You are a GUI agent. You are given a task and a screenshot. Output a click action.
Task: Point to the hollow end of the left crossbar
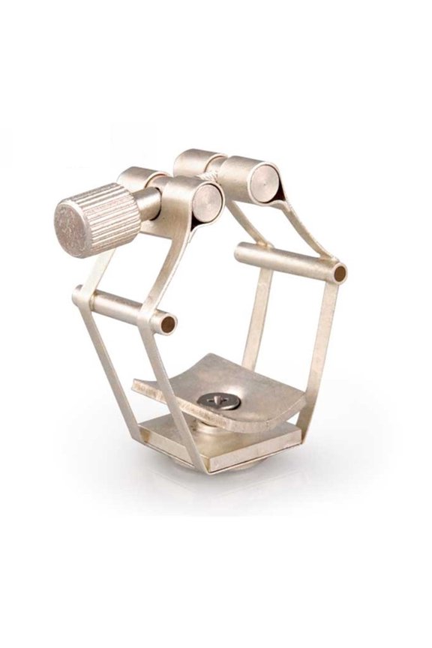tap(169, 324)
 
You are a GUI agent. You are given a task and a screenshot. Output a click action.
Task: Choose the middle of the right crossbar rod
tap(285, 258)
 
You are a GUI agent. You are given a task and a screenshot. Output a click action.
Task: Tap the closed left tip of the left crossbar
tap(77, 294)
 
